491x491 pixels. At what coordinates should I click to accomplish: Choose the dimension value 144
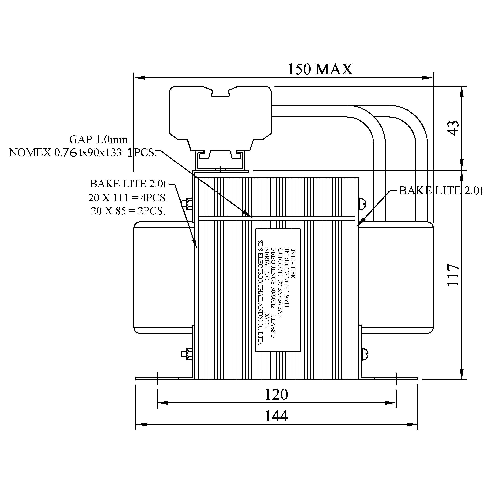[276, 416]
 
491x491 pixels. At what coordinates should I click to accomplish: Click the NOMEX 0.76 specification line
[83, 153]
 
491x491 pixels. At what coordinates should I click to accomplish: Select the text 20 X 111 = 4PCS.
[128, 198]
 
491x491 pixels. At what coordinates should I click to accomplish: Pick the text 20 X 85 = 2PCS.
[128, 211]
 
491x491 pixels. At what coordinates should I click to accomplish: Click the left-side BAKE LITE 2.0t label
[128, 183]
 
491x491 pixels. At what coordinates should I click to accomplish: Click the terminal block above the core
[220, 117]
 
